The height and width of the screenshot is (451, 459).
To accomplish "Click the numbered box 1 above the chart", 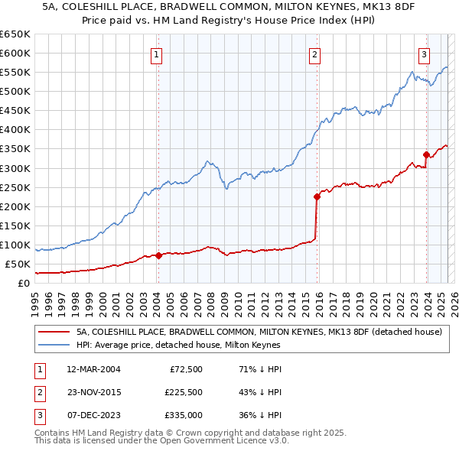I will (157, 54).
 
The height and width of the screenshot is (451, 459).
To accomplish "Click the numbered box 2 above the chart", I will (315, 54).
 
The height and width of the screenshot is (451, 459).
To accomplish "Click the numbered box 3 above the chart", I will (424, 54).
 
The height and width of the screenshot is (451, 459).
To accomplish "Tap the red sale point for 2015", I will (316, 196).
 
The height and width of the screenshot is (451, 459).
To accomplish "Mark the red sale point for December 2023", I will (425, 154).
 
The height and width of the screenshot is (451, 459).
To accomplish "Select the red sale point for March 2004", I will (158, 255).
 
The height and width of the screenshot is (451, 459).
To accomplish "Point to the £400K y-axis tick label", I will (15, 130).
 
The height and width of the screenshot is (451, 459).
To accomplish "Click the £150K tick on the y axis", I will (15, 226).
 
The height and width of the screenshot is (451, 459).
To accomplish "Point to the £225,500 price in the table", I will (184, 392).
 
